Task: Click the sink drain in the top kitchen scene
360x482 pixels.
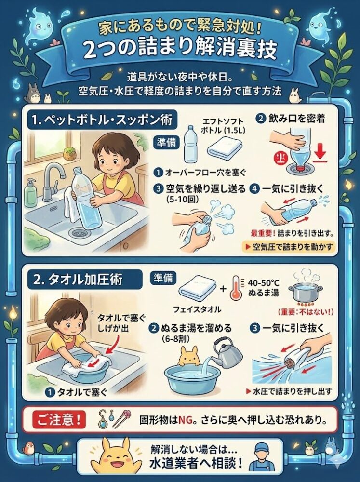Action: pos(78,233)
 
